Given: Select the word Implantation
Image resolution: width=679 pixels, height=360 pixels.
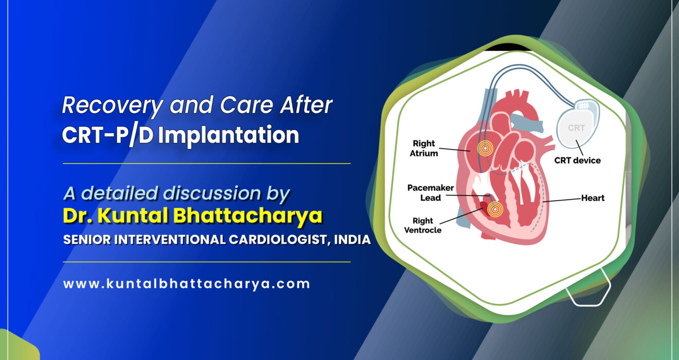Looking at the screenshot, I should [228, 135].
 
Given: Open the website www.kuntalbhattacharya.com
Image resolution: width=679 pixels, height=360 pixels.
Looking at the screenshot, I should [186, 283].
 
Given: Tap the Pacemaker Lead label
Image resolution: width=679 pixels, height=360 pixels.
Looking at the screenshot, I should [424, 193].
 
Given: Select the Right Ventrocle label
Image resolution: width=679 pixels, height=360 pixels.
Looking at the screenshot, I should [423, 225].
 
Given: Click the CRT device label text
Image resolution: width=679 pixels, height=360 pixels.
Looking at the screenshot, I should [577, 160].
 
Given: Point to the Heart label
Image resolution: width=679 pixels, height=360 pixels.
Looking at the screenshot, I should [593, 197].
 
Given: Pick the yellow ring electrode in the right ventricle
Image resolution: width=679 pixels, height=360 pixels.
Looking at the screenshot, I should [495, 209].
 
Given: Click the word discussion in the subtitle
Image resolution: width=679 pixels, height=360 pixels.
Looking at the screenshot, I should [204, 193].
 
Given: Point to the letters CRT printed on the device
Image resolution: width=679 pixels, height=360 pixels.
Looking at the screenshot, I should [576, 128].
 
